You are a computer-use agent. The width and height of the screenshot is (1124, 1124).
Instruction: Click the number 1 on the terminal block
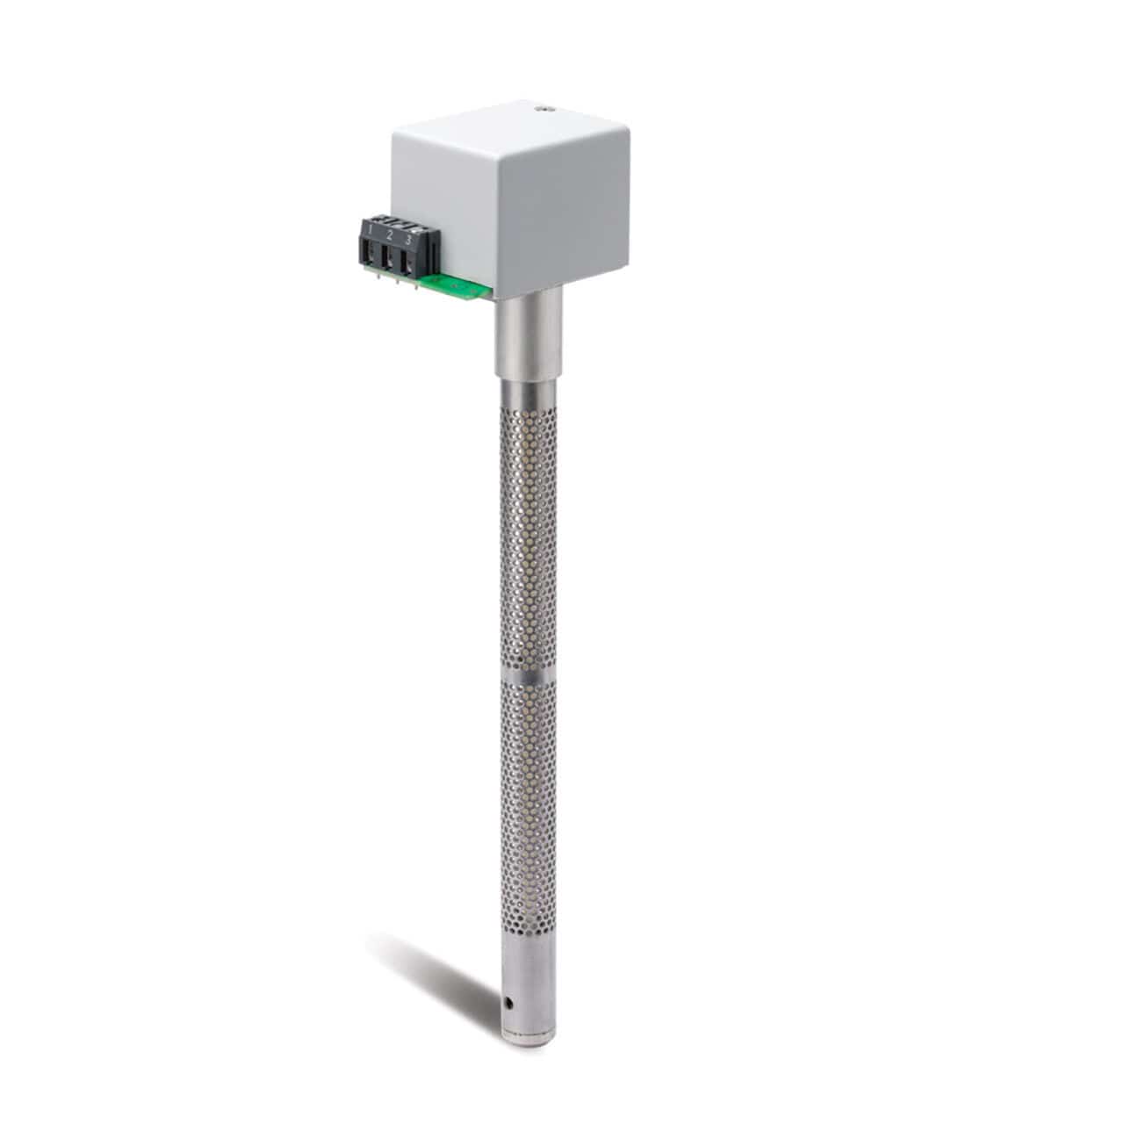pos(371,231)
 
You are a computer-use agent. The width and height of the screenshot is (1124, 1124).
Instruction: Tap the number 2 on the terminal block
pos(390,235)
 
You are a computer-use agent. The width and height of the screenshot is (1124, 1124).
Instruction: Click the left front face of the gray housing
pos(448,211)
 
